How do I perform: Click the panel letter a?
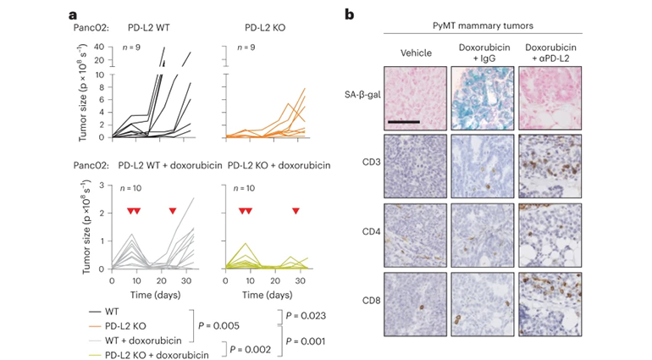click(74, 14)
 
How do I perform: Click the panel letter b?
click(349, 14)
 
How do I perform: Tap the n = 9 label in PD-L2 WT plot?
click(127, 46)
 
